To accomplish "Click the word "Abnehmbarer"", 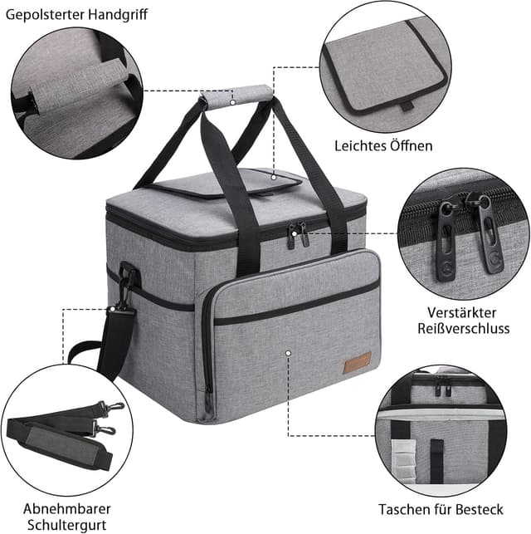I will click(67, 508).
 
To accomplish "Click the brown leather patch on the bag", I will click(359, 363).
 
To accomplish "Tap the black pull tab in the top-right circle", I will click(405, 105).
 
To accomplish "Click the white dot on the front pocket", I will click(288, 352).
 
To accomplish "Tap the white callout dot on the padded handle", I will click(233, 103).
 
